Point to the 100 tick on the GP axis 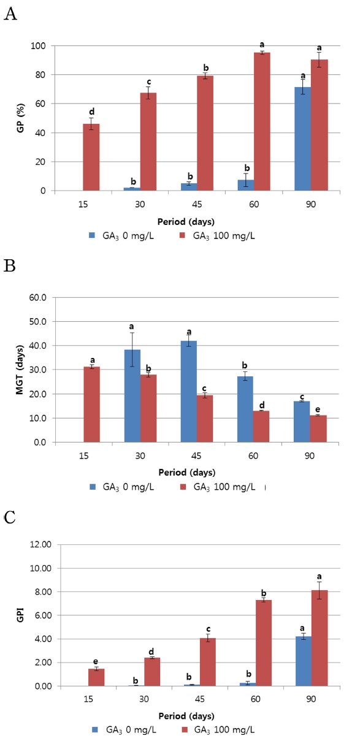tap(41, 46)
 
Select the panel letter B tap(10, 266)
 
